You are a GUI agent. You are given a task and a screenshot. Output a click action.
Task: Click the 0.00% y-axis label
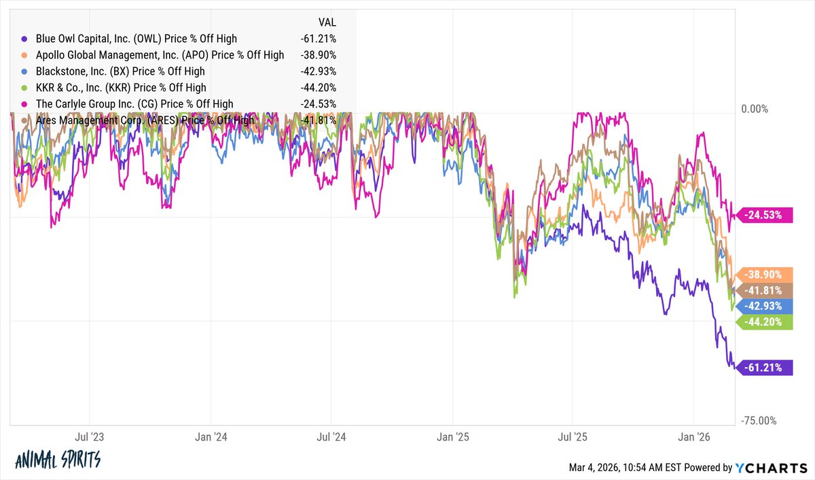point(754,109)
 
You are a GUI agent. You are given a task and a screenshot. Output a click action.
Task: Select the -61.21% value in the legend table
point(318,39)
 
